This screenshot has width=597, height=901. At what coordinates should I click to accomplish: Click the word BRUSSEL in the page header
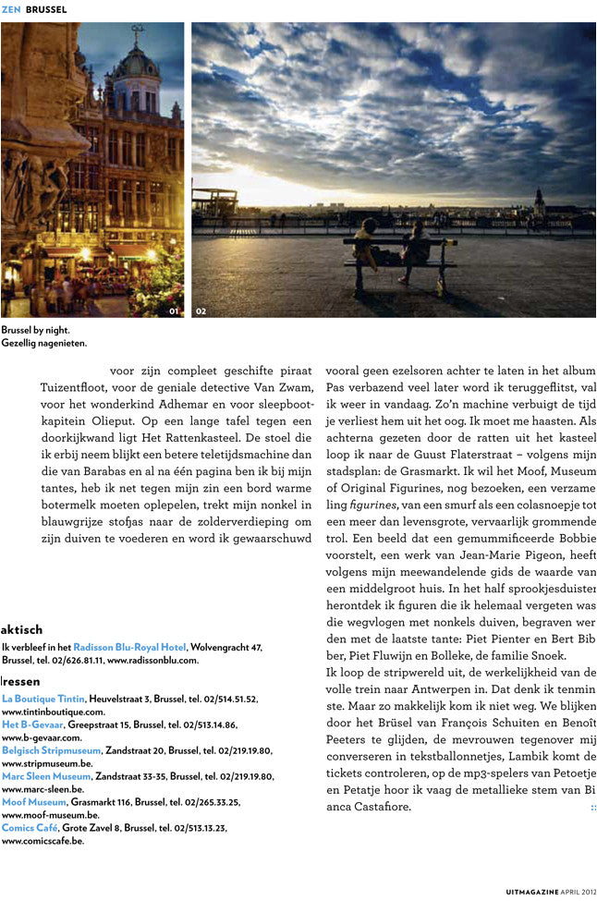pos(46,9)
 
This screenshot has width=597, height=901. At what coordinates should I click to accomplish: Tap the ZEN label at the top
pos(11,9)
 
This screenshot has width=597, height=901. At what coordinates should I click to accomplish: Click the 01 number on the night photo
pos(174,311)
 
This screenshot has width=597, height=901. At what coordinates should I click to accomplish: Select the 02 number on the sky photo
pos(201,311)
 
